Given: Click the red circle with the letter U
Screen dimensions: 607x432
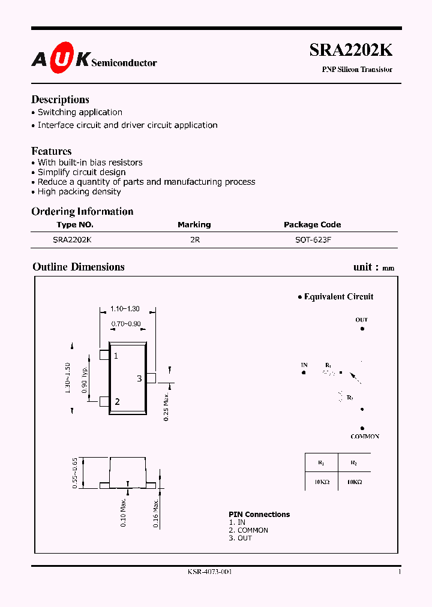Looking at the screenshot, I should pyautogui.click(x=64, y=58).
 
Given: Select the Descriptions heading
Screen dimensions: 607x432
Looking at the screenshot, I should pyautogui.click(x=60, y=100).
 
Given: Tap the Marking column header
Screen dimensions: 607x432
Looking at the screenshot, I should pyautogui.click(x=194, y=224).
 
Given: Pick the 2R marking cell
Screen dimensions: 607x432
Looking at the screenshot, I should pyautogui.click(x=194, y=239).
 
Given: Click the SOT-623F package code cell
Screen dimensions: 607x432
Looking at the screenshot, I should pyautogui.click(x=312, y=239).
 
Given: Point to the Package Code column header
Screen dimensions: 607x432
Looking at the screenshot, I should pyautogui.click(x=312, y=224).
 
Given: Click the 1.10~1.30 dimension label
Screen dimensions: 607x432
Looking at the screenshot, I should pyautogui.click(x=125, y=309).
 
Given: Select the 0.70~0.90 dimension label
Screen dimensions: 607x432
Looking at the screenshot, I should pyautogui.click(x=126, y=324).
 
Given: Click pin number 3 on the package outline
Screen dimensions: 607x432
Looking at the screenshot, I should pyautogui.click(x=139, y=378).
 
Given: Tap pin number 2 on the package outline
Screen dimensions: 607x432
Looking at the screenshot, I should pyautogui.click(x=117, y=402).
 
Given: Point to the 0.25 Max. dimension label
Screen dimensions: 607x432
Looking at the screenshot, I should pyautogui.click(x=167, y=407).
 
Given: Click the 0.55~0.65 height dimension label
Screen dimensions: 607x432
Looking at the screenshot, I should pyautogui.click(x=75, y=473).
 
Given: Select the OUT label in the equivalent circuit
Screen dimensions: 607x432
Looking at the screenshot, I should pyautogui.click(x=361, y=320).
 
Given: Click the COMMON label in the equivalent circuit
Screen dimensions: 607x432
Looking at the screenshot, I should pyautogui.click(x=365, y=437).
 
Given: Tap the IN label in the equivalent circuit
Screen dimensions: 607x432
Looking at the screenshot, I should pyautogui.click(x=304, y=365).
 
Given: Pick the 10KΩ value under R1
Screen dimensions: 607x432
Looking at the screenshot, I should pyautogui.click(x=321, y=482).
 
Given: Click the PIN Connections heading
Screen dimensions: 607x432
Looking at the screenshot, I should pyautogui.click(x=259, y=514).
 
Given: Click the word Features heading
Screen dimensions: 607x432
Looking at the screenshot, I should pyautogui.click(x=52, y=151).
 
